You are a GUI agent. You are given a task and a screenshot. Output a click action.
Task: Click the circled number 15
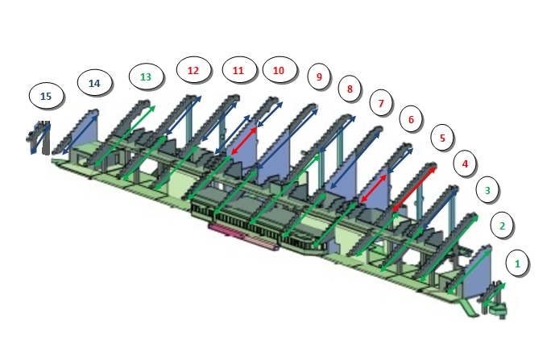pyautogui.click(x=46, y=96)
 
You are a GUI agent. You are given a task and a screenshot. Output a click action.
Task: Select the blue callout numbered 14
pyautogui.click(x=94, y=83)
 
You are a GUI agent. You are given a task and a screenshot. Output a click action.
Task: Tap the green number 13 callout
pyautogui.click(x=146, y=77)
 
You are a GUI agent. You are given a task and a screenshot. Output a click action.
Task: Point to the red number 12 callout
pyautogui.click(x=193, y=70)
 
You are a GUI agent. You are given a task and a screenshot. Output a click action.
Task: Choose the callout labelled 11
pyautogui.click(x=238, y=70)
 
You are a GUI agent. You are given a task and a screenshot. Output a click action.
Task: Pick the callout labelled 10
pyautogui.click(x=279, y=70)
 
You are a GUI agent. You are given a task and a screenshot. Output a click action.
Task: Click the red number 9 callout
pyautogui.click(x=319, y=77)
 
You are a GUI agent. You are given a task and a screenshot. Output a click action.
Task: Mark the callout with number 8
pyautogui.click(x=350, y=89)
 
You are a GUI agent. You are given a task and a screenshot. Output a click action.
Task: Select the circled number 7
pyautogui.click(x=381, y=103)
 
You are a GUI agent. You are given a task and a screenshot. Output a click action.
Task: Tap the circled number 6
pyautogui.click(x=411, y=119)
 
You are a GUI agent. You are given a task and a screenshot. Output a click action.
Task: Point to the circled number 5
pyautogui.click(x=442, y=138)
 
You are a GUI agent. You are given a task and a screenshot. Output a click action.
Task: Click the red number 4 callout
pyautogui.click(x=465, y=163)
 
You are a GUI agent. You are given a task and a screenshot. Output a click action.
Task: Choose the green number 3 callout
pyautogui.click(x=487, y=190)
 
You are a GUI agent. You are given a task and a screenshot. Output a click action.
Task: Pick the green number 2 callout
pyautogui.click(x=502, y=226)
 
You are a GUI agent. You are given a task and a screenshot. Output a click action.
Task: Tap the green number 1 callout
pyautogui.click(x=517, y=263)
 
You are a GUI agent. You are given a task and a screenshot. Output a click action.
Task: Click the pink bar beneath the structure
pyautogui.click(x=243, y=237)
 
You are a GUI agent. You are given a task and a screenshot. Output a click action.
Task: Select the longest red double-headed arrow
pyautogui.click(x=414, y=189)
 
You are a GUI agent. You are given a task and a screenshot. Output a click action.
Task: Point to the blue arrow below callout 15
pyautogui.click(x=40, y=139)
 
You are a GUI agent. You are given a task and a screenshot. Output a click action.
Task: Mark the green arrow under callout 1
pyautogui.click(x=494, y=295)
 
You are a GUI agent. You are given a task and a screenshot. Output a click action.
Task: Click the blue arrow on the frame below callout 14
pyautogui.click(x=80, y=135)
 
